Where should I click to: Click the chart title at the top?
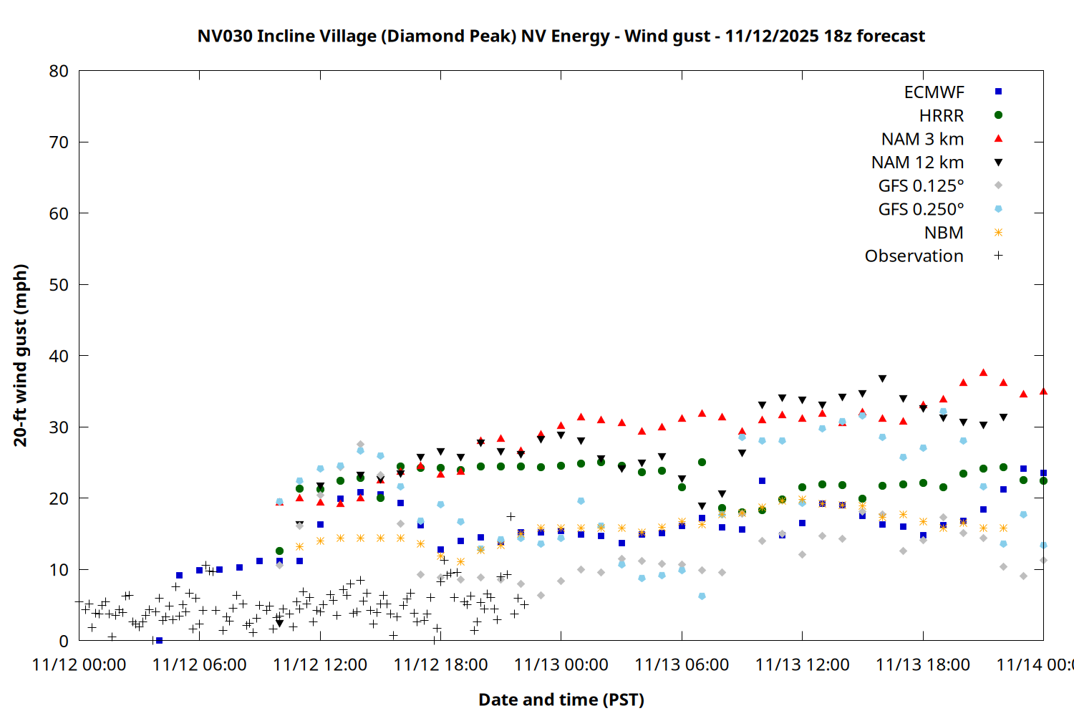pos(561,36)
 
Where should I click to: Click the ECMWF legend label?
pos(934,92)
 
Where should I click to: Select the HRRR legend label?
pos(942,116)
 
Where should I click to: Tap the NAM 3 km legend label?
pos(922,139)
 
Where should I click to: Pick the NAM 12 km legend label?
pos(917,163)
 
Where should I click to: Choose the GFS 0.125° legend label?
pos(921,186)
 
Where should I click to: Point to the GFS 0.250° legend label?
pos(921,209)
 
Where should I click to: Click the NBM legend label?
pos(944,233)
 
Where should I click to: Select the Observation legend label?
pos(914,256)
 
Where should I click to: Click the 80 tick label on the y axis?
pos(59,71)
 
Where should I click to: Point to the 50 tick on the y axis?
pos(59,285)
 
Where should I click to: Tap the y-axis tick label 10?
pos(59,570)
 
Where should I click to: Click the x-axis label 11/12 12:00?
pos(320,664)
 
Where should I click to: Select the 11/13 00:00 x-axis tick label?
pos(561,664)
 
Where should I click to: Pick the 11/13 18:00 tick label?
pos(923,664)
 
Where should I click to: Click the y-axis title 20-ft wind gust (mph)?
pos(21,355)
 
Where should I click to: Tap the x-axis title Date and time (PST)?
pos(561,700)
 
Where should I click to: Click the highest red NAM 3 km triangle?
pos(983,372)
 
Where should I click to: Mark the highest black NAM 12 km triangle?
pos(882,379)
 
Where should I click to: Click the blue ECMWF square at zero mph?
pos(159,640)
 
